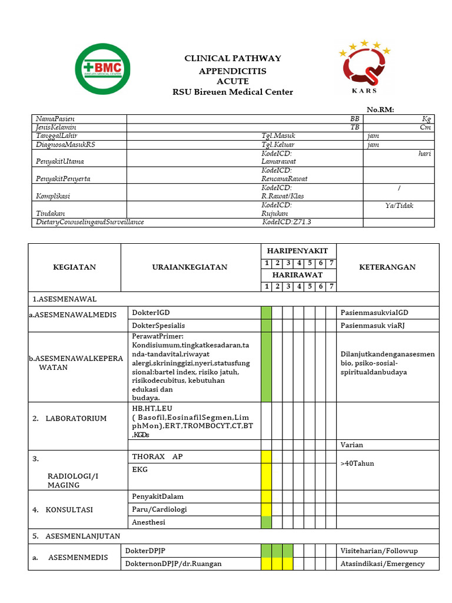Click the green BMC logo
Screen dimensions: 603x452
[103, 69]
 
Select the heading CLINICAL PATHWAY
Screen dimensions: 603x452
[233, 58]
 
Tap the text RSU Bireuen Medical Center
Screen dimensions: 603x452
[232, 92]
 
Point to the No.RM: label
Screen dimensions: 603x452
[380, 110]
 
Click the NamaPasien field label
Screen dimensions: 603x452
[55, 119]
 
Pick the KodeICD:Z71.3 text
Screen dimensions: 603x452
[287, 222]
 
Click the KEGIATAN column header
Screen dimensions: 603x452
[74, 267]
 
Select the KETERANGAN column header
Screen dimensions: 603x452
[387, 267]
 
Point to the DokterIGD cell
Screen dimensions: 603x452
[151, 313]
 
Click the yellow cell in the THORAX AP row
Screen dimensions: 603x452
[266, 456]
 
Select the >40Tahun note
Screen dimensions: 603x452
[357, 463]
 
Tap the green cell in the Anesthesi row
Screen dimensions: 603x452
[266, 522]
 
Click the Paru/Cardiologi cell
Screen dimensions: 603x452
[159, 509]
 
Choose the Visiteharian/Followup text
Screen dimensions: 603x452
[379, 551]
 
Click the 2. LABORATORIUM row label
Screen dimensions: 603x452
[69, 419]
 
